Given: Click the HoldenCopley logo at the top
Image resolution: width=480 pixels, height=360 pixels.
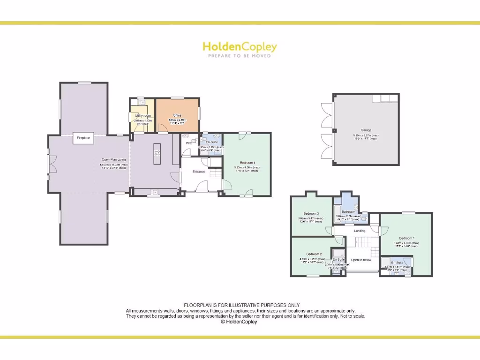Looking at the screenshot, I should (x=240, y=47).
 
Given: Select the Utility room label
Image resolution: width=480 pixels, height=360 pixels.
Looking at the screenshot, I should (x=142, y=116).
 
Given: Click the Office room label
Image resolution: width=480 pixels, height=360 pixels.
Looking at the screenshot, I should (x=177, y=115).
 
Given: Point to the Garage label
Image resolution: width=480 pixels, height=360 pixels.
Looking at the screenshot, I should (x=366, y=131).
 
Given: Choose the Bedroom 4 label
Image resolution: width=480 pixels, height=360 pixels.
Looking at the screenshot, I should (x=247, y=163).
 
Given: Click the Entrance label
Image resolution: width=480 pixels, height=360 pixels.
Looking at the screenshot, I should (x=199, y=172).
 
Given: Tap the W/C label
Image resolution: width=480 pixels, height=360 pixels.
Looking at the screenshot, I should (x=188, y=143).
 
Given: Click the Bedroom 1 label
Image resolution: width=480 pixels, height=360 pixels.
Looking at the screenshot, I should (x=406, y=238).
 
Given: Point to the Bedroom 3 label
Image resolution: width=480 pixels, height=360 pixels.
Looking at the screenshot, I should (x=311, y=214).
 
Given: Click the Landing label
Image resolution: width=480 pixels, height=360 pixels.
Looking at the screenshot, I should (x=360, y=231).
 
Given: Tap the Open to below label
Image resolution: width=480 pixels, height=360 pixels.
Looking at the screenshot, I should (x=361, y=260).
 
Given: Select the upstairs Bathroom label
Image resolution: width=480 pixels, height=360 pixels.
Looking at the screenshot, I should (x=348, y=212).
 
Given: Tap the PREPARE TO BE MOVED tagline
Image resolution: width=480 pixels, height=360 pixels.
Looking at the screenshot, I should (x=240, y=56).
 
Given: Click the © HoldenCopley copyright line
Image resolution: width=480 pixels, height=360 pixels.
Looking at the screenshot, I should (x=239, y=322).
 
